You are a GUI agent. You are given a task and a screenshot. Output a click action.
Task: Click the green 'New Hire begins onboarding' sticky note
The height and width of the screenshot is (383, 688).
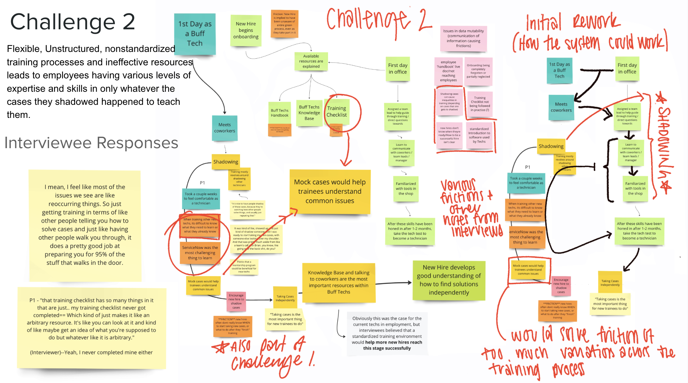coord(246,30)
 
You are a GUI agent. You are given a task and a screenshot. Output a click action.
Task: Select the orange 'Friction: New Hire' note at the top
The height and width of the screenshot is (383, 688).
coord(284,23)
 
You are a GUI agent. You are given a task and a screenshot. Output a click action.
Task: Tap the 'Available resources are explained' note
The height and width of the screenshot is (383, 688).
coord(311,61)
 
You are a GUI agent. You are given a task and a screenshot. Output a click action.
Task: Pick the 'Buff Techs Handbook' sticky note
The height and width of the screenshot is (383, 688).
coord(280,113)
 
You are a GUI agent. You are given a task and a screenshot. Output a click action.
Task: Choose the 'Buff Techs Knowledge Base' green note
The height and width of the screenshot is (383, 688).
coord(309,113)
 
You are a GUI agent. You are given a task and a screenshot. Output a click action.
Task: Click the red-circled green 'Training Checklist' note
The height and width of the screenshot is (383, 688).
coord(337,112)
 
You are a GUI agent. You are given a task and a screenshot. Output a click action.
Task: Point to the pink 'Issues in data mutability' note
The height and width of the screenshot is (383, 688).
coord(463,38)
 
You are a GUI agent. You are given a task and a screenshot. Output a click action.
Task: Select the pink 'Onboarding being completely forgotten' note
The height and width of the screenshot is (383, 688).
coord(478,71)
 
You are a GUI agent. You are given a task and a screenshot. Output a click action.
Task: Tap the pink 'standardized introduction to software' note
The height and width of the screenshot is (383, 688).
coord(479,135)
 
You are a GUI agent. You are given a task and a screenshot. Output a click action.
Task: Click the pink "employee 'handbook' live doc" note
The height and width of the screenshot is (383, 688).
coord(448,71)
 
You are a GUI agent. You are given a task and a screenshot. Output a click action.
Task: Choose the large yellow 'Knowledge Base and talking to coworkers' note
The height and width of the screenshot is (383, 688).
coord(339,282)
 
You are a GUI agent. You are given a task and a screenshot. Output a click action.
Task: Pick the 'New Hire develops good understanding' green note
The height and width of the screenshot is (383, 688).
coord(449,280)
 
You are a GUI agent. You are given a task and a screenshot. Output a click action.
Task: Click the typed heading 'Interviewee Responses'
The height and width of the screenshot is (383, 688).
coord(91,143)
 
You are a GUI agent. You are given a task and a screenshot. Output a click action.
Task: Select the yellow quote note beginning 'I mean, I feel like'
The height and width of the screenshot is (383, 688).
coord(85,225)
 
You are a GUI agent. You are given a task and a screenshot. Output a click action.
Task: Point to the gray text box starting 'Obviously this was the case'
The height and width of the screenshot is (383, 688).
coord(387,333)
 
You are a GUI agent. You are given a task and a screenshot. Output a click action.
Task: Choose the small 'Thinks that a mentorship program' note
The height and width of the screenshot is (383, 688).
coord(244,267)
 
